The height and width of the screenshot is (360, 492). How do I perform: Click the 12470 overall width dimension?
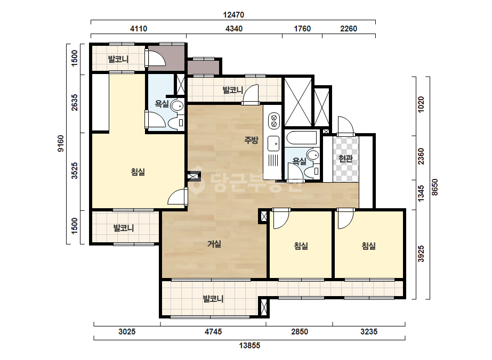[233, 15]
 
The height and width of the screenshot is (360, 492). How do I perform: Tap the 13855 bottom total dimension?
[250, 346]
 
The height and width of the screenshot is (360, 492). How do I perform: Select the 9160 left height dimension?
[61, 143]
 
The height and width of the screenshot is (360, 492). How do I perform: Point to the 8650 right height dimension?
[434, 187]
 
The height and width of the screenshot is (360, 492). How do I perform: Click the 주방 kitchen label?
[252, 140]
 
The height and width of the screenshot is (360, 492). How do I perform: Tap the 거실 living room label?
[214, 244]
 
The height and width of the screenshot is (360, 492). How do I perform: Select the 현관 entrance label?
[345, 159]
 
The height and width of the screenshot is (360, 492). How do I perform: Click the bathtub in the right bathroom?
[302, 138]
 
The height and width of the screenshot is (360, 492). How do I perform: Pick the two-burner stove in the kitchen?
[273, 121]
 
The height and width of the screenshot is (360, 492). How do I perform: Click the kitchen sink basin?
[273, 144]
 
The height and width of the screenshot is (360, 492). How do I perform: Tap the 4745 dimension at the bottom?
[213, 331]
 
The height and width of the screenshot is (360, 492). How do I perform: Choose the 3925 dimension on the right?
[421, 253]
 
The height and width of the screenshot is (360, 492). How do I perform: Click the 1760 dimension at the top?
[302, 29]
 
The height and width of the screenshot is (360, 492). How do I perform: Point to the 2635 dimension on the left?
[75, 103]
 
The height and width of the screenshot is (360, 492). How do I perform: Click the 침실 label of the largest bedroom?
[138, 172]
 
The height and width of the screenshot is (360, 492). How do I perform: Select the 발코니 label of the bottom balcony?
[213, 299]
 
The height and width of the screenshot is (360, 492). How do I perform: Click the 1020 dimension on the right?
[421, 104]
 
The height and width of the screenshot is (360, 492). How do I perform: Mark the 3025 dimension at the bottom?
[127, 331]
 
